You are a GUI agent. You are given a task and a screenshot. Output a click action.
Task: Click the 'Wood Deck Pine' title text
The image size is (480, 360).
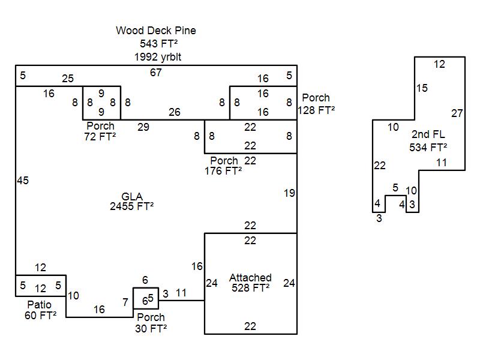pyautogui.click(x=156, y=31)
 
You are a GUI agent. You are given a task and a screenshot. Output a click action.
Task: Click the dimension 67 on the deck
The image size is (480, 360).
pyautogui.click(x=156, y=73)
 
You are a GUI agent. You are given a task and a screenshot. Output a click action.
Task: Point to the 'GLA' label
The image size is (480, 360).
pyautogui.click(x=131, y=197)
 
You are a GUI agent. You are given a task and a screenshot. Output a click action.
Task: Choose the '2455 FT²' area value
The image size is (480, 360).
pyautogui.click(x=131, y=206)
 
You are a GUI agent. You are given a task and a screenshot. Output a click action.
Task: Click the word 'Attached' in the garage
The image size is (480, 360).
pyautogui.click(x=250, y=278)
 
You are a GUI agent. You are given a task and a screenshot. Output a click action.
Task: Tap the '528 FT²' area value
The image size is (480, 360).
pyautogui.click(x=250, y=287)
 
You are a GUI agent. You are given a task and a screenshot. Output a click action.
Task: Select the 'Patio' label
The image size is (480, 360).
pyautogui.click(x=40, y=305)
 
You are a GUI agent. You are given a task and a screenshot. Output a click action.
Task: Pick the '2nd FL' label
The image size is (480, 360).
pyautogui.click(x=428, y=134)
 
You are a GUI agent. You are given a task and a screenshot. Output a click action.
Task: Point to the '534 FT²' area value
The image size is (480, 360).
pyautogui.click(x=428, y=147)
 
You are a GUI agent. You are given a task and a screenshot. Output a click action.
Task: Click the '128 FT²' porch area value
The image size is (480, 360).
pyautogui.click(x=316, y=110)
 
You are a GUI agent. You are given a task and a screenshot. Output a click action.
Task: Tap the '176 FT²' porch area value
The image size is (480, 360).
pyautogui.click(x=223, y=170)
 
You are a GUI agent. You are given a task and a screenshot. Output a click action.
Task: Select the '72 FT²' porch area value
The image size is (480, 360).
pyautogui.click(x=100, y=136)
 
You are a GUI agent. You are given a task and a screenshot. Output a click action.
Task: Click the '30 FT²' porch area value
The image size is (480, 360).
pyautogui.click(x=151, y=328)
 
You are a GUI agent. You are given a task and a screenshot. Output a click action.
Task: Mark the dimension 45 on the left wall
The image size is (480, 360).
pyautogui.click(x=23, y=181)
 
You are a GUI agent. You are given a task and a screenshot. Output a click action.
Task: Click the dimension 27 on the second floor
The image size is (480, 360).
pyautogui.click(x=457, y=113)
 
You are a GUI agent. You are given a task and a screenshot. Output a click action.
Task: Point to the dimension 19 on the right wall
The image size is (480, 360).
pyautogui.click(x=289, y=193)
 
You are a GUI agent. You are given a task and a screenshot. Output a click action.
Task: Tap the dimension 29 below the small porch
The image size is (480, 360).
pyautogui.click(x=143, y=127)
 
